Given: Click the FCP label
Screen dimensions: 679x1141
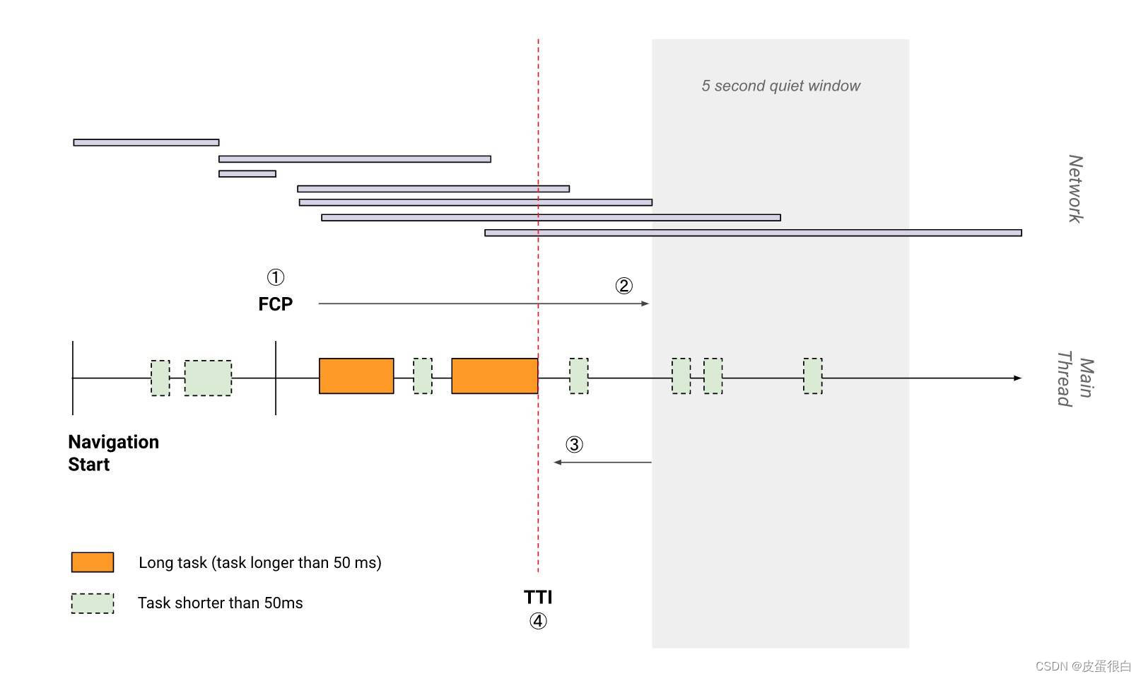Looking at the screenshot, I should (275, 304).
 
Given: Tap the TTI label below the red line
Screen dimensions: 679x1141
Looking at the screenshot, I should (538, 597).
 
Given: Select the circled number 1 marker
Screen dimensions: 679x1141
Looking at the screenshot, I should (275, 277).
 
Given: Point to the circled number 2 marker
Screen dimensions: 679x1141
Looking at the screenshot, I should (624, 286).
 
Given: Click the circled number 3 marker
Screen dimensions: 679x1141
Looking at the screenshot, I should (574, 445).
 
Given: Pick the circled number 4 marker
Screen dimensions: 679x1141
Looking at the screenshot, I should (538, 622).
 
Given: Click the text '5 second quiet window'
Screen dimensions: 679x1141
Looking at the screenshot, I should (780, 86).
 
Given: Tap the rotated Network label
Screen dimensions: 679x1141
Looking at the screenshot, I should (1075, 189).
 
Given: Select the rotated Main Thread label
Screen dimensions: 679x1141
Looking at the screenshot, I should (1075, 378).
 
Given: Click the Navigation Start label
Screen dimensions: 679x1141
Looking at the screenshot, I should (113, 453).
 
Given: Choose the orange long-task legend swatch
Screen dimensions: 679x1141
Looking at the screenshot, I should (93, 562).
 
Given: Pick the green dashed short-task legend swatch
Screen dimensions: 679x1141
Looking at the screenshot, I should (93, 603).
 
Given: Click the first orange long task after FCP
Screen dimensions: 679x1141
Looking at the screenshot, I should (356, 376).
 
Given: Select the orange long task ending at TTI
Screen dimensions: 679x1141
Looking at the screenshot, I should (494, 376).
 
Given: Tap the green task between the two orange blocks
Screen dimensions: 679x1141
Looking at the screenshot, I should (423, 376).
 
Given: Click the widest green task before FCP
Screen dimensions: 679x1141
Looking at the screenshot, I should (208, 378).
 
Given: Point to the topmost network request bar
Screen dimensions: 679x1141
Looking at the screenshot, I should (146, 143).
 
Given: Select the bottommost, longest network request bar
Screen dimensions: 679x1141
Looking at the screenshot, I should (753, 233).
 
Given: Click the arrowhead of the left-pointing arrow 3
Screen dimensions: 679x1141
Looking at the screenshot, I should (557, 463).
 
